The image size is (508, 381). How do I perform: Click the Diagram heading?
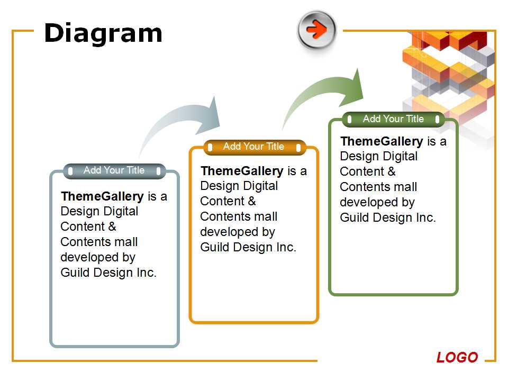(103, 33)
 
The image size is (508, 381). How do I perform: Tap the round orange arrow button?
(317, 30)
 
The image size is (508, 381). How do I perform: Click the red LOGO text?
(457, 357)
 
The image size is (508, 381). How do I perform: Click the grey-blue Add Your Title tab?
(114, 171)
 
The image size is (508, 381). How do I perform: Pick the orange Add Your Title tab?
(254, 147)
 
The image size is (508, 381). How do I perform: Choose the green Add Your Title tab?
(393, 119)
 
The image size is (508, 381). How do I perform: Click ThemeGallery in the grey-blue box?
(102, 196)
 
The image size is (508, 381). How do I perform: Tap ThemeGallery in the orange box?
(242, 171)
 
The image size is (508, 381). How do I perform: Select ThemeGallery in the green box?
(382, 141)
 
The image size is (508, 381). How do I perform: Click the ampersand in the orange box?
(252, 201)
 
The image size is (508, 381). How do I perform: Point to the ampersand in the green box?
(392, 171)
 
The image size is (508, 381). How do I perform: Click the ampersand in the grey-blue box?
(112, 226)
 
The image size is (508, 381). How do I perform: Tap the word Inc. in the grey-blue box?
(147, 273)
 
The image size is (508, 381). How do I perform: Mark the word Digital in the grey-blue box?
(121, 212)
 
